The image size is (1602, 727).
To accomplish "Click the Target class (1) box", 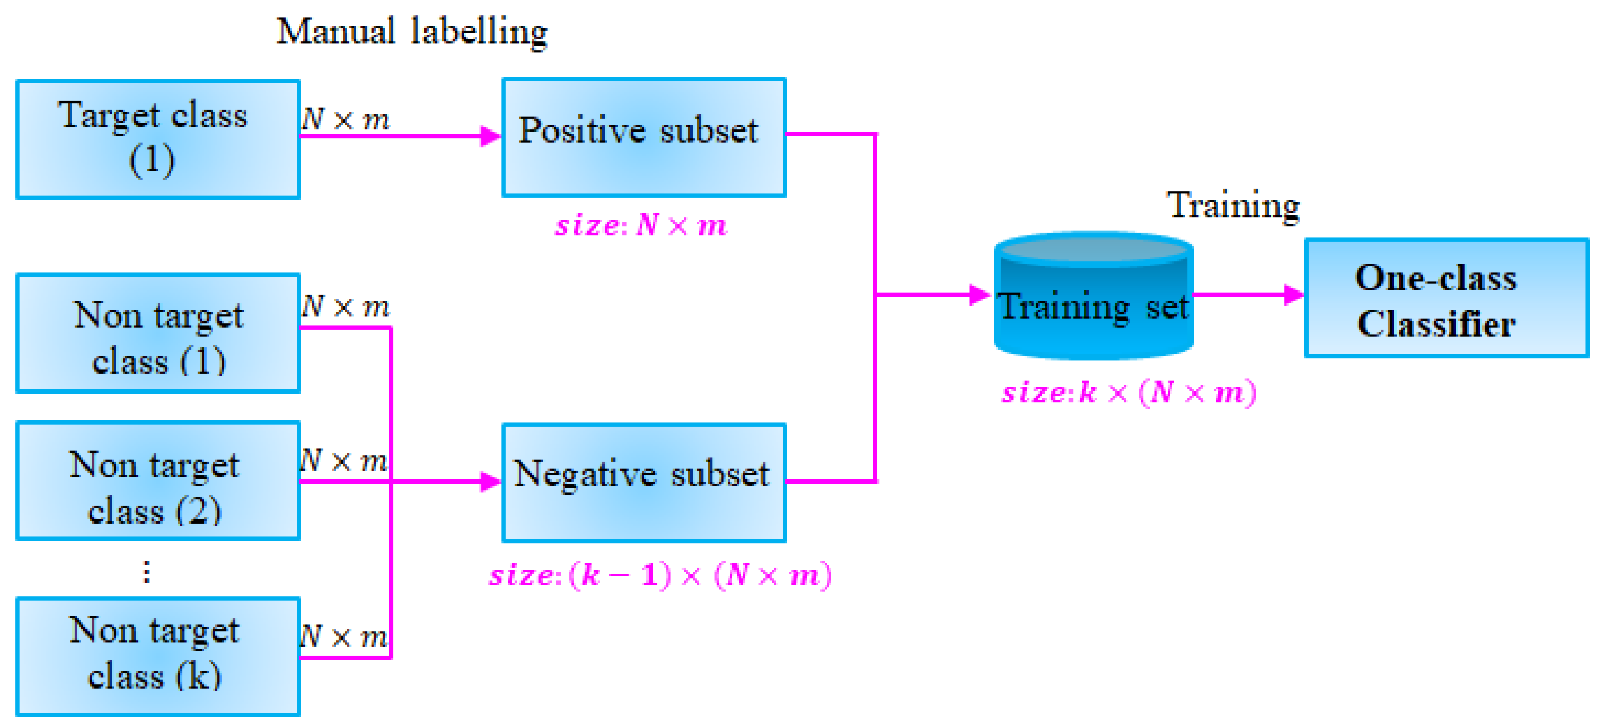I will (158, 139).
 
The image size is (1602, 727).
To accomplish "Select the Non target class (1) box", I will (158, 333).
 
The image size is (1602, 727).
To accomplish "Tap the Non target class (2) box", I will (158, 481).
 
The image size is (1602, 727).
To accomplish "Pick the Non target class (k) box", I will (158, 656).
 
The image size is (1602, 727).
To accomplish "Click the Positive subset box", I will (644, 137).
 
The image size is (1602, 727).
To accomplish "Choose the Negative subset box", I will (644, 483).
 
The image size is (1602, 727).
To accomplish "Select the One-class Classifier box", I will (1446, 298).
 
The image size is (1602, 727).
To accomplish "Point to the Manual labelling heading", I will (411, 31).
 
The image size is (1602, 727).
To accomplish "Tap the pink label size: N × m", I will (641, 225).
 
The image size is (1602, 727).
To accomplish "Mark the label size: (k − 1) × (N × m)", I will (660, 575).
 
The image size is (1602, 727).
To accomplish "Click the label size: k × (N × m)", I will (1129, 393).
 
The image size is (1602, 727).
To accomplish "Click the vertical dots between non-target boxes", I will (147, 572).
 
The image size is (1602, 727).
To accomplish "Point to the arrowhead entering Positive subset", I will (491, 136).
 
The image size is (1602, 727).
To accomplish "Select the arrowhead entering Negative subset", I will (491, 482).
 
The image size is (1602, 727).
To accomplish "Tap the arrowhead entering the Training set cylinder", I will (980, 294).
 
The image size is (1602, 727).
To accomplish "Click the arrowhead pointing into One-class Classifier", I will (1294, 294).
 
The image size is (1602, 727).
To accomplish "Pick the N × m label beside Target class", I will (346, 120).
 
